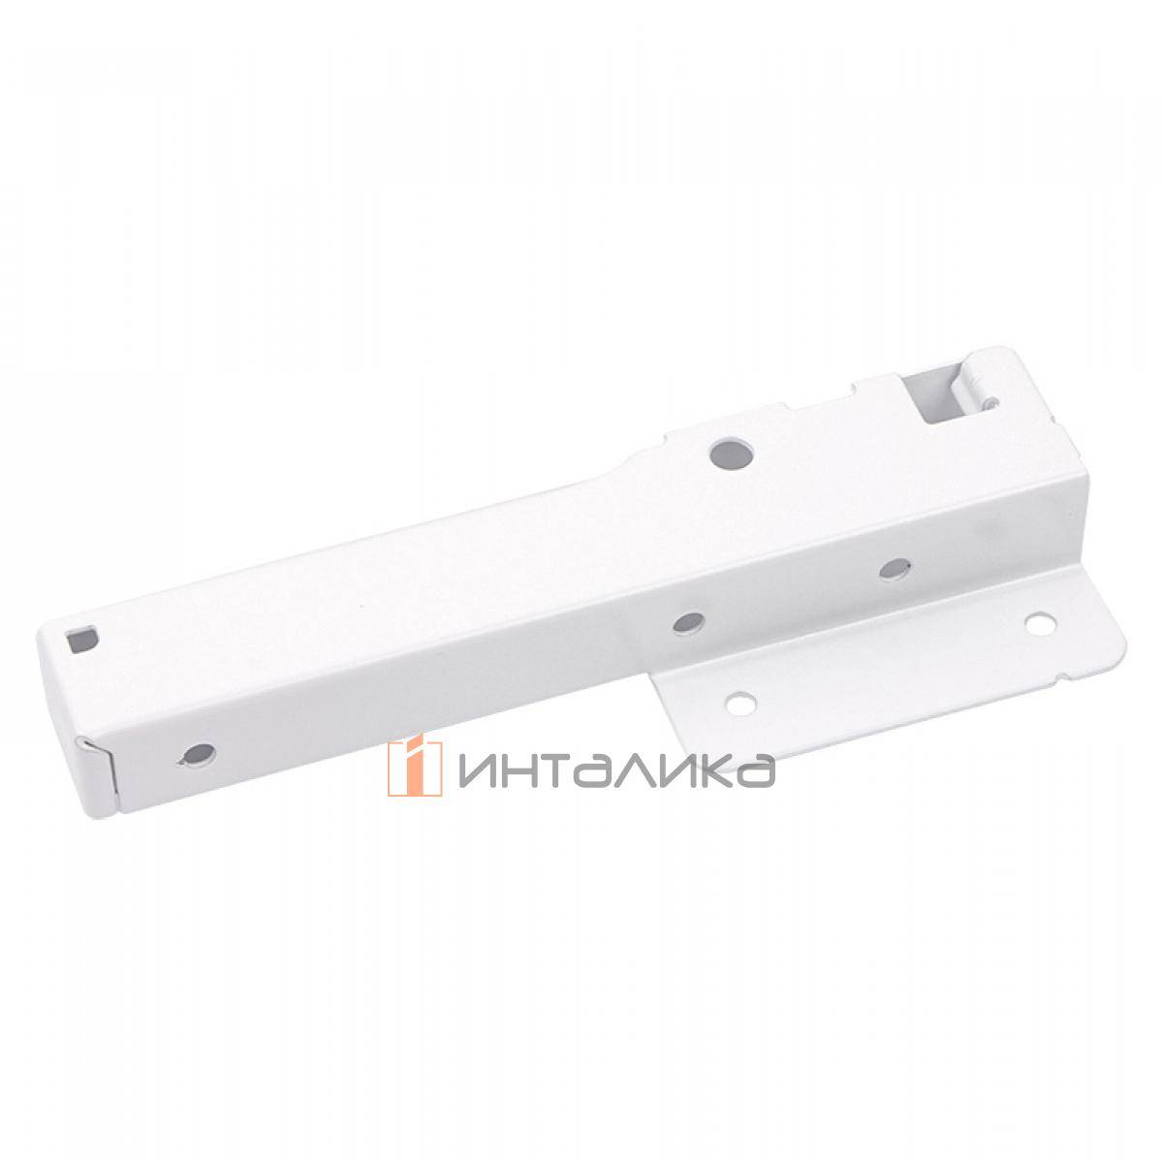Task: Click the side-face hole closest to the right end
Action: (895, 566)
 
